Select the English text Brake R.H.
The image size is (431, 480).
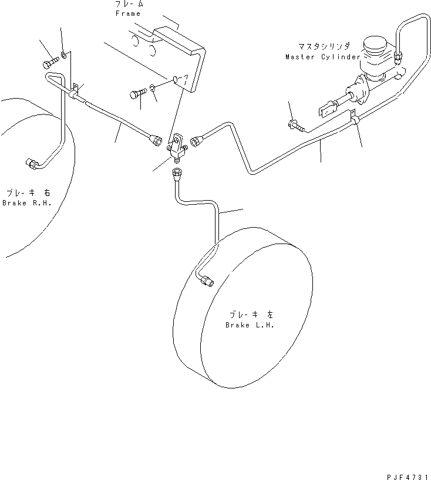point(27,203)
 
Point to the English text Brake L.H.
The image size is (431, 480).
point(250,325)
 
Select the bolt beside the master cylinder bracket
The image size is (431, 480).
point(294,124)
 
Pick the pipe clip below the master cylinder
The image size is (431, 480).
point(355,120)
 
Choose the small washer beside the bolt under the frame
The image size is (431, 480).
point(151,88)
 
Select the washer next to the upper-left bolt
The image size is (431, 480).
point(62,57)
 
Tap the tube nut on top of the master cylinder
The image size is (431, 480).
point(399,57)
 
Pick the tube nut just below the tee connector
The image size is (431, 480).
point(177,174)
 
